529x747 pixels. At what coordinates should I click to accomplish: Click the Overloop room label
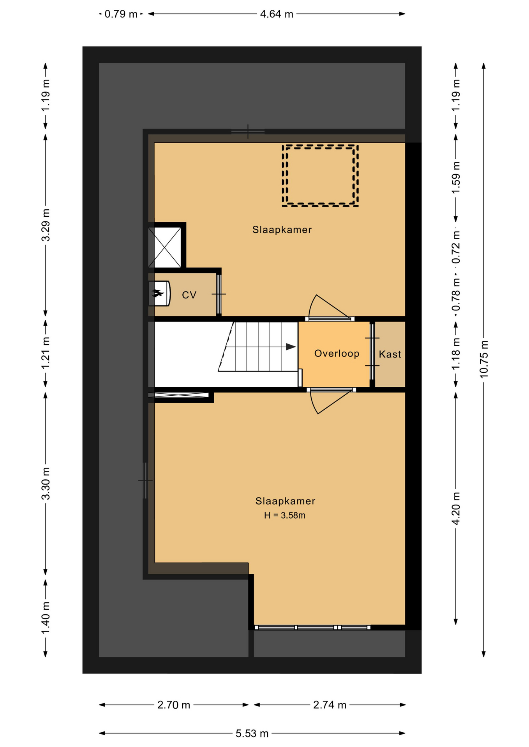coord(337,353)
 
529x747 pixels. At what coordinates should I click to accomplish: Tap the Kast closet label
coord(390,354)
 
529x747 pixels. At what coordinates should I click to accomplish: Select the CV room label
coord(189,295)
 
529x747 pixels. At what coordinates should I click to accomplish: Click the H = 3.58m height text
coord(284,516)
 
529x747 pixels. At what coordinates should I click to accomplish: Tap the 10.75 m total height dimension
coord(483,359)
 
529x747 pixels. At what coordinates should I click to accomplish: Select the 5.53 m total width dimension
coord(252,733)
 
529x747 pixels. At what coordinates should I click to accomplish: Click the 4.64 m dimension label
coord(277,14)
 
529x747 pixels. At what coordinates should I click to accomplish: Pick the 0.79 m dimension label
coord(121,14)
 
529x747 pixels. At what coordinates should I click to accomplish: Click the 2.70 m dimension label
coord(174,705)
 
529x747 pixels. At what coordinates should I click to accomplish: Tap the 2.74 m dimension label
coord(330,705)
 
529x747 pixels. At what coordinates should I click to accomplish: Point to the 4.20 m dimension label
coord(456,509)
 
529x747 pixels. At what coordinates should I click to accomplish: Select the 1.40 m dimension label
coord(46,617)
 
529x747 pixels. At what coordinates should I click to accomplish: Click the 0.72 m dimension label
coord(456,247)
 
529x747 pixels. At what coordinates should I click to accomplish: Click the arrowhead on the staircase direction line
coord(291,347)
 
